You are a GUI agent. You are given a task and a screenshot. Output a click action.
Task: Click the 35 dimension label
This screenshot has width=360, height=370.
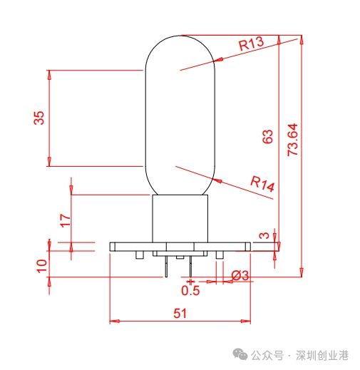coord(39,118)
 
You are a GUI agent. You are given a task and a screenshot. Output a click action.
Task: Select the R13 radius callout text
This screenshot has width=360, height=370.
coord(251,44)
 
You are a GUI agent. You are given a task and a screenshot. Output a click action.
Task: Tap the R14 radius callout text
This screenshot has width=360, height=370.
coord(262,184)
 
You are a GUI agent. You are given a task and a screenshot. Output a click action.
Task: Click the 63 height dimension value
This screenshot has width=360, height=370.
coord(268,137)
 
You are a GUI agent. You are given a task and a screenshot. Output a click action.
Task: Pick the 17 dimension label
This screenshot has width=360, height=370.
coord(65,220)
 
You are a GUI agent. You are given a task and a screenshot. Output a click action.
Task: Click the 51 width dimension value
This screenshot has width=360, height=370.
coord(181,313)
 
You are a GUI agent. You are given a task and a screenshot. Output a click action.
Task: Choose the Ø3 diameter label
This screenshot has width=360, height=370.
coord(240,275)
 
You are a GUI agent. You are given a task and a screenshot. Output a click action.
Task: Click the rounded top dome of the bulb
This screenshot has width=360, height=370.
coord(180,50)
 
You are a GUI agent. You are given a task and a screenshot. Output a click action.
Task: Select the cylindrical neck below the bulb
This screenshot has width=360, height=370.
coord(180,217)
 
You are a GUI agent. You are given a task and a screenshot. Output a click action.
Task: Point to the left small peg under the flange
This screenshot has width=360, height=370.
coord(140,255)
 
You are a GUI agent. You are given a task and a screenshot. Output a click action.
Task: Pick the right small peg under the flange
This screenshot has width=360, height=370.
coord(220,255)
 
